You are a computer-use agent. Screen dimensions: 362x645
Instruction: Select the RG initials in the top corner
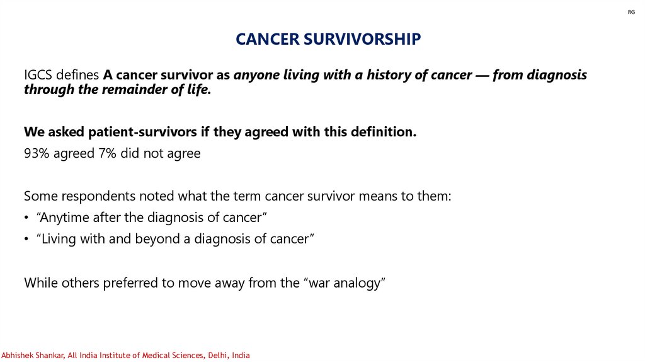click(631, 13)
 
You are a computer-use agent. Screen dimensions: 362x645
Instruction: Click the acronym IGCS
click(38, 75)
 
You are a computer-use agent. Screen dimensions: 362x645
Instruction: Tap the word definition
click(384, 132)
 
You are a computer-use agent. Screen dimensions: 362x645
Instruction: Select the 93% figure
click(37, 153)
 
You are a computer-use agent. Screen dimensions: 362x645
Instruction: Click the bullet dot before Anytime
click(26, 218)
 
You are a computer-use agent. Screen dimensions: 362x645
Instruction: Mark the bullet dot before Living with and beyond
click(26, 239)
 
